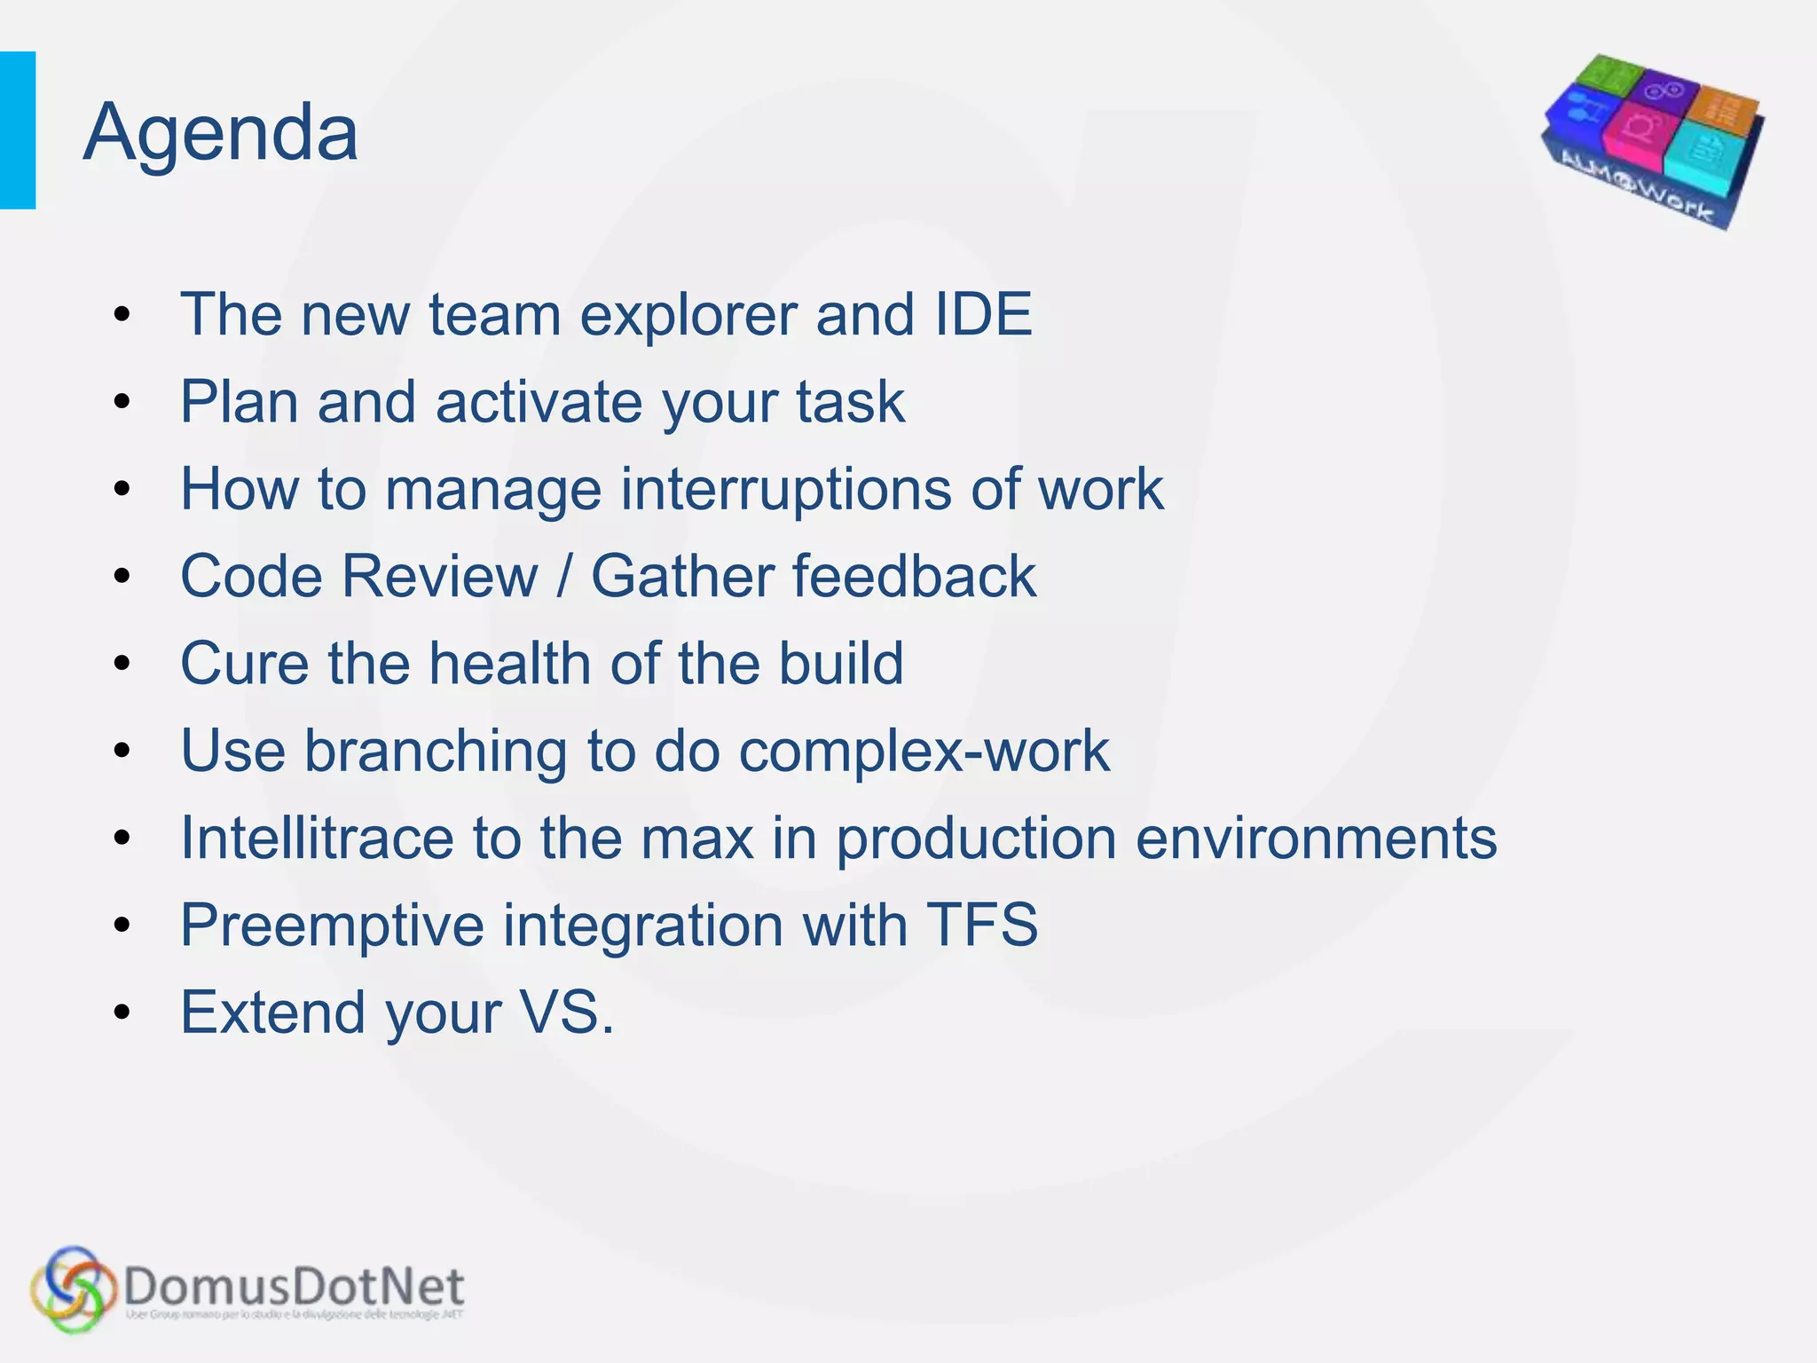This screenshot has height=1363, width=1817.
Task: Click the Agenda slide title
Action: (221, 133)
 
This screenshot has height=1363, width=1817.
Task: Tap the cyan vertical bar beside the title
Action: (18, 130)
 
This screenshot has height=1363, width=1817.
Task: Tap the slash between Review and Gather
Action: (564, 577)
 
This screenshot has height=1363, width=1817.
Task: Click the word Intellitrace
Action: (316, 839)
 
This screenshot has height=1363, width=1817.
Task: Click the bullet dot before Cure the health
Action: (122, 664)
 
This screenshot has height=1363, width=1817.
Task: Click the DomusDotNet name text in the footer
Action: (294, 1287)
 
